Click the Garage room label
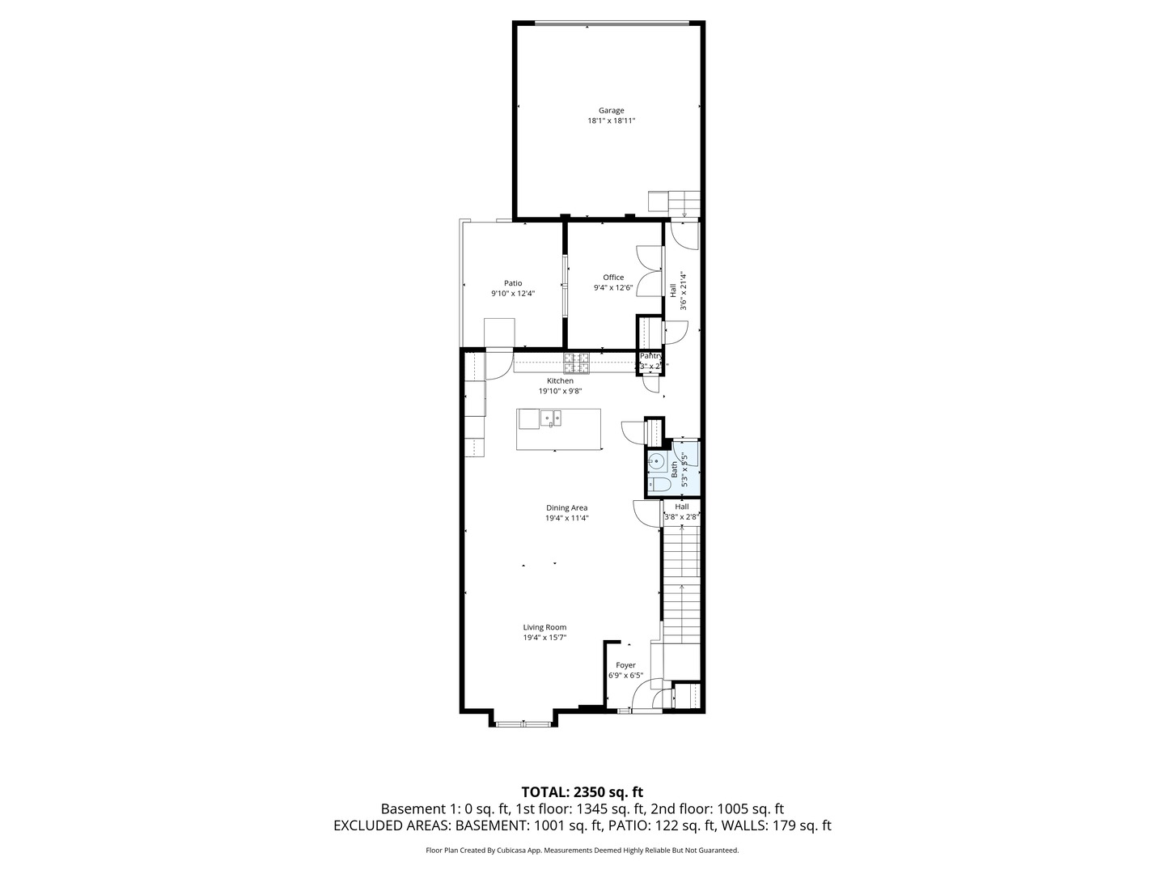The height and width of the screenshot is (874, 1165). [x=611, y=111]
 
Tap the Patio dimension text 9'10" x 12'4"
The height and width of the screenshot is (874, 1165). [x=512, y=294]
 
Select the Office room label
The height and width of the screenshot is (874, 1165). [x=613, y=278]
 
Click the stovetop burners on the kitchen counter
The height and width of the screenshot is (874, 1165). [x=577, y=362]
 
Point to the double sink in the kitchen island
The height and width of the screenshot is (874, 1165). [x=552, y=418]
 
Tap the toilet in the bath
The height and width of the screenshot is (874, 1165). [x=658, y=485]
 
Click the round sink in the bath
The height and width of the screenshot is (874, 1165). [x=657, y=462]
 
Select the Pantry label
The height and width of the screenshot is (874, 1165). [x=651, y=356]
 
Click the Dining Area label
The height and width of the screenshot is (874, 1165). [x=566, y=508]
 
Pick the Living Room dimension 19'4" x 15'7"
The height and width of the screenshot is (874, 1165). [x=544, y=638]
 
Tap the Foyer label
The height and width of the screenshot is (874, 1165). [x=625, y=665]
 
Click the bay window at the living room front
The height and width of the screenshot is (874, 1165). [x=523, y=723]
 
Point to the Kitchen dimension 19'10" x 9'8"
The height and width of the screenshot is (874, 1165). [x=560, y=391]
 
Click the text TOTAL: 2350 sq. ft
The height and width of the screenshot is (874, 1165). [x=582, y=791]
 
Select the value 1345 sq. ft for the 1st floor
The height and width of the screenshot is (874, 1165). [x=611, y=808]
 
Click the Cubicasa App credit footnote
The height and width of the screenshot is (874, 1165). [x=582, y=851]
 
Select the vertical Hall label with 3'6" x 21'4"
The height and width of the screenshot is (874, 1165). [x=678, y=291]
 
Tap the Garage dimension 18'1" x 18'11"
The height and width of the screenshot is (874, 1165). [x=611, y=121]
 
